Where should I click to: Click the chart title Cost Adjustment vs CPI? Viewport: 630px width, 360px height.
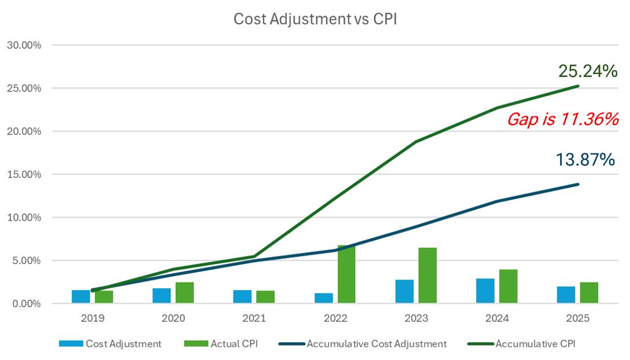[x=315, y=19]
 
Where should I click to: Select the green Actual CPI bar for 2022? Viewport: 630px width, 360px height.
[x=347, y=274]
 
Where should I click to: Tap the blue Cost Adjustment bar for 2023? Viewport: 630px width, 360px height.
[x=404, y=292]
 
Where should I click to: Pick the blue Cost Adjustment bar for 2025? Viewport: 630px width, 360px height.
[x=566, y=295]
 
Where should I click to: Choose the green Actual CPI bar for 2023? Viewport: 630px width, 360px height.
[x=428, y=275]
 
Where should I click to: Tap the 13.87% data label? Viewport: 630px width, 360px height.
[x=585, y=160]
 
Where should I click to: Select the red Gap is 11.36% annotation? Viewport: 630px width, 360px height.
[x=563, y=120]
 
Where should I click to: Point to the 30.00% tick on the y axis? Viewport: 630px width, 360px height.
[x=24, y=45]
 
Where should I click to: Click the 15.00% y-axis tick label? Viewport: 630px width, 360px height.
[x=24, y=174]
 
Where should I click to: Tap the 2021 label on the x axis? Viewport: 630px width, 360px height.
[x=254, y=318]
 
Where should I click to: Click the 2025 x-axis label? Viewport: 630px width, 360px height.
[x=577, y=318]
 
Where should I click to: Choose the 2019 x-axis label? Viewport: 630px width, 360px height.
[x=92, y=318]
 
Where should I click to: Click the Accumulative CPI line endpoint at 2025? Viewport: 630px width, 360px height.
[x=578, y=86]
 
